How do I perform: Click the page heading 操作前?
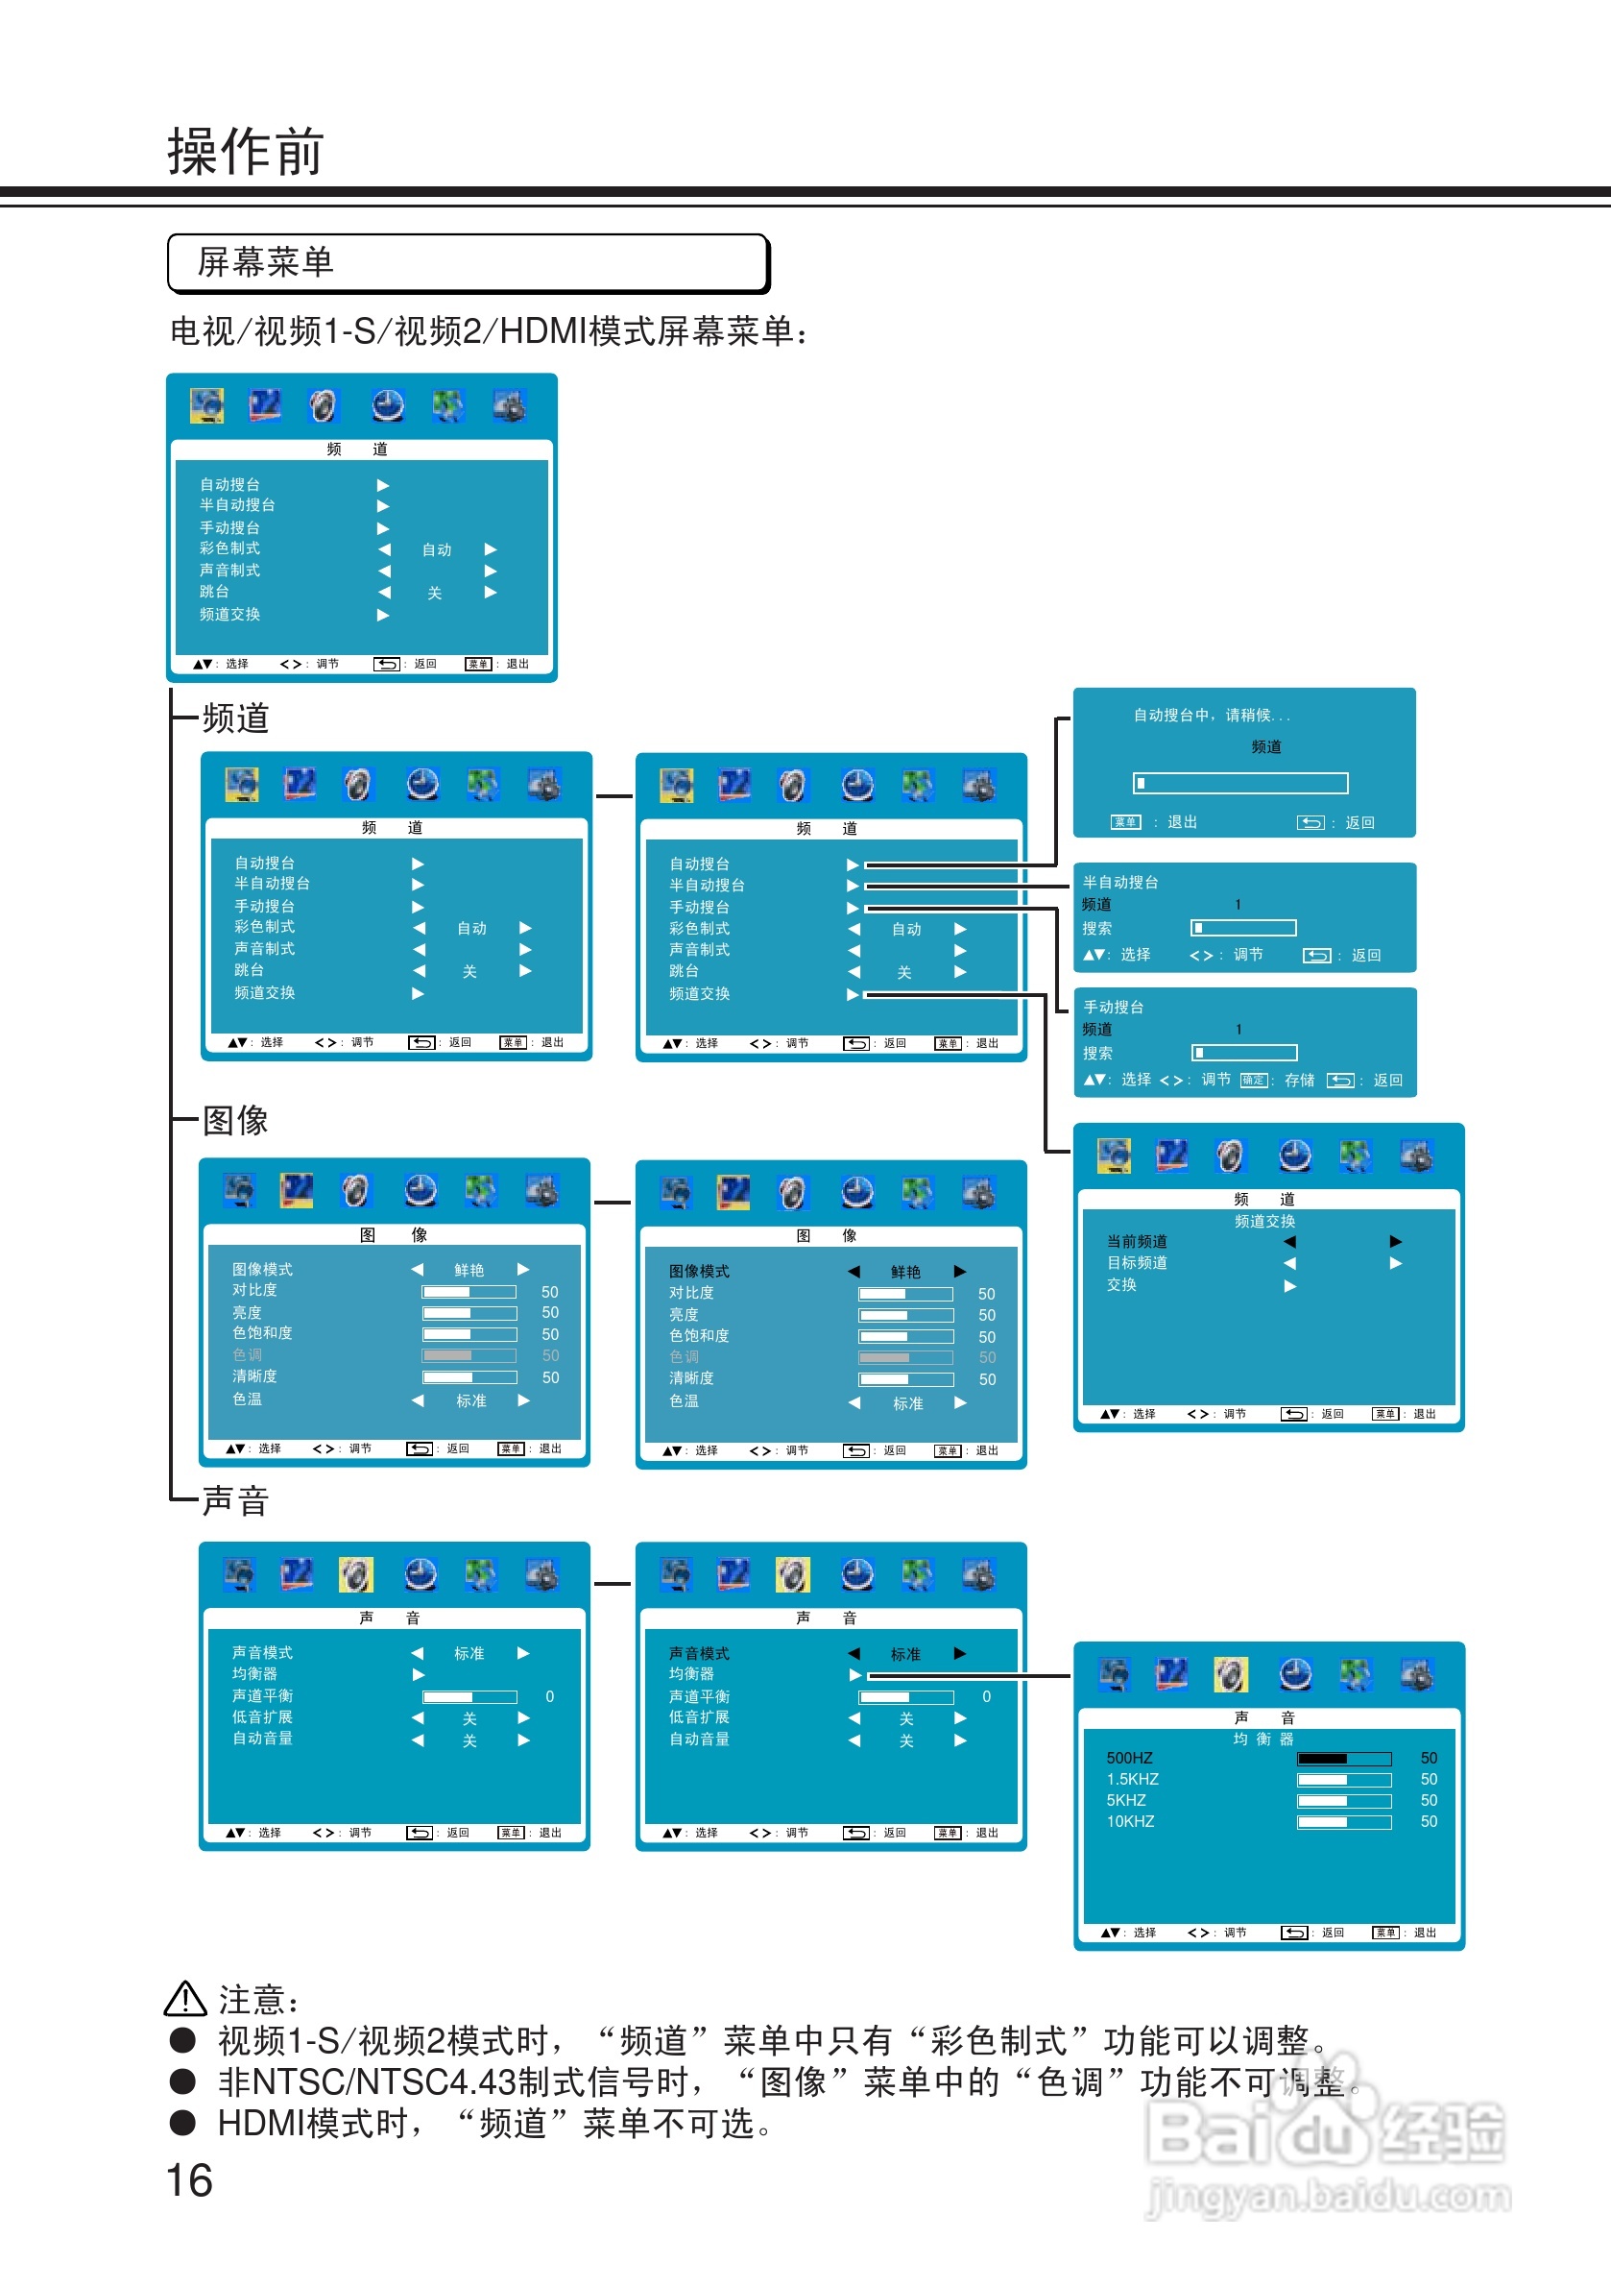point(245,152)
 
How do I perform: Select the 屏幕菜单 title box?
point(468,263)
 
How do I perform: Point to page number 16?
point(189,2179)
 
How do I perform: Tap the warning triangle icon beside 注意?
point(184,1998)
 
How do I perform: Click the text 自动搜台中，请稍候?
point(1211,716)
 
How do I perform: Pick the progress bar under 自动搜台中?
point(1239,783)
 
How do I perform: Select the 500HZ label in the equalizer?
point(1129,1758)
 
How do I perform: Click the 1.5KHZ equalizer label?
point(1132,1779)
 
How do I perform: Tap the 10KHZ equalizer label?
point(1130,1821)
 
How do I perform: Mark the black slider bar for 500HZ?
point(1322,1758)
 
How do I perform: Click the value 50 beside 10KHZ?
point(1429,1821)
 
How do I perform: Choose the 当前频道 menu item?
point(1137,1241)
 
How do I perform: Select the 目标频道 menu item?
point(1137,1262)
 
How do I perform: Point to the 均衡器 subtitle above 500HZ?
point(1263,1739)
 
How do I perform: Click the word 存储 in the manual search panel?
point(1299,1080)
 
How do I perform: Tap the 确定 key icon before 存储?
point(1254,1080)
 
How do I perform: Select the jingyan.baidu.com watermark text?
point(1330,2196)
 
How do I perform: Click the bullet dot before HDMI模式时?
point(182,2123)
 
